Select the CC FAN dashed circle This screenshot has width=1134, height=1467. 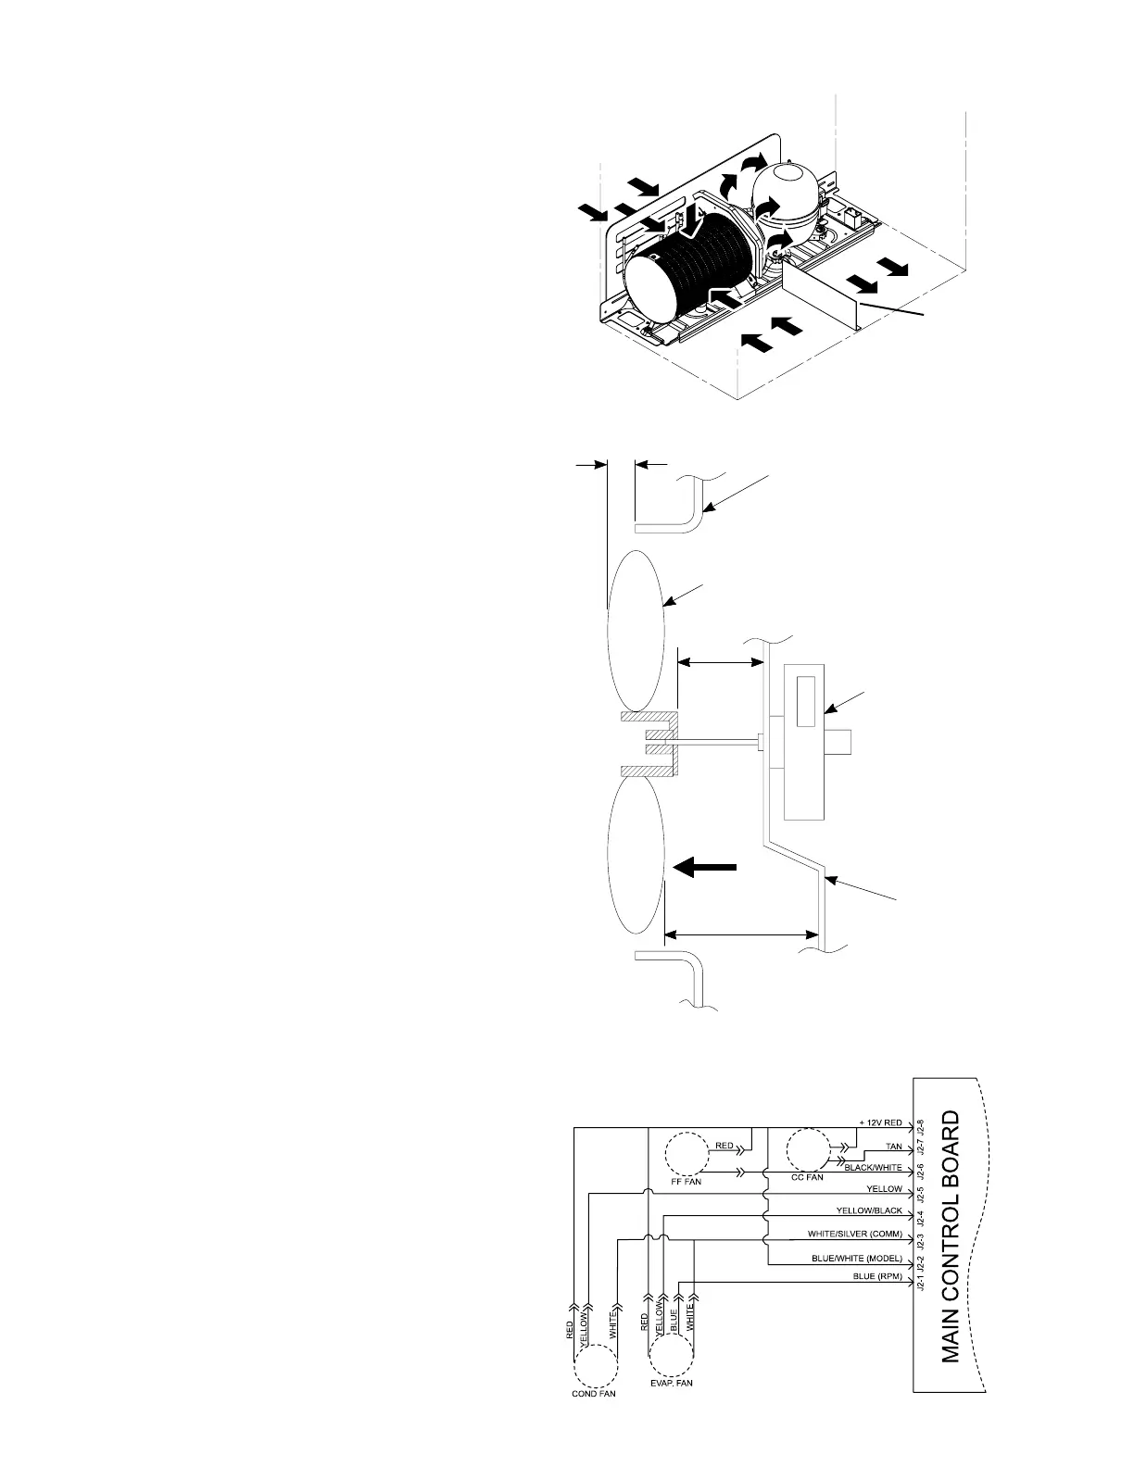pos(810,1153)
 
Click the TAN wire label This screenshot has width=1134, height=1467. pos(893,1147)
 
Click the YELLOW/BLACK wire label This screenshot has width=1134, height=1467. pos(869,1210)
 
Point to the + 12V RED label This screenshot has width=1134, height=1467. pos(880,1123)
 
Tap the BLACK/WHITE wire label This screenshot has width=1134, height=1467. pos(873,1168)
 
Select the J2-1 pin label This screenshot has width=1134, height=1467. pos(921,1283)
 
